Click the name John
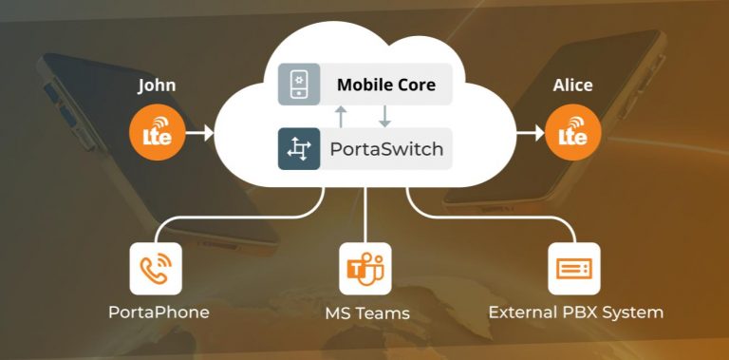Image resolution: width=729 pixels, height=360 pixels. click(x=157, y=85)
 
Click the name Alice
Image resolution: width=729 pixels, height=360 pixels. click(x=572, y=85)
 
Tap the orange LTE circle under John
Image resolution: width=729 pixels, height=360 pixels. click(x=157, y=135)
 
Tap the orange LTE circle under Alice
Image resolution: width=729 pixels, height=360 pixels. click(x=572, y=135)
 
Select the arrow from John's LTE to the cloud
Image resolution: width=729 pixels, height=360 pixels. click(x=200, y=135)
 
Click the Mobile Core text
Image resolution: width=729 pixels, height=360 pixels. click(x=386, y=85)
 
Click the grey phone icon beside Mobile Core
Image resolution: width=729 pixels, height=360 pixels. click(x=298, y=85)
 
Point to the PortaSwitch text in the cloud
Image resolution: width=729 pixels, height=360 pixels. click(x=386, y=149)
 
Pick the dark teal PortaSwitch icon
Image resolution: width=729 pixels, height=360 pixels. click(x=298, y=149)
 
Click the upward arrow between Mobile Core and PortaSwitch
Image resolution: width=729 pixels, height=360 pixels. click(x=341, y=117)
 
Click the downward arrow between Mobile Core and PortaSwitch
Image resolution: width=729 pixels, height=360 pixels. click(x=384, y=117)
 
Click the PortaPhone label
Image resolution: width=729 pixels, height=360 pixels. click(x=159, y=313)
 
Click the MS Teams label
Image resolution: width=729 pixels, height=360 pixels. click(x=365, y=313)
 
